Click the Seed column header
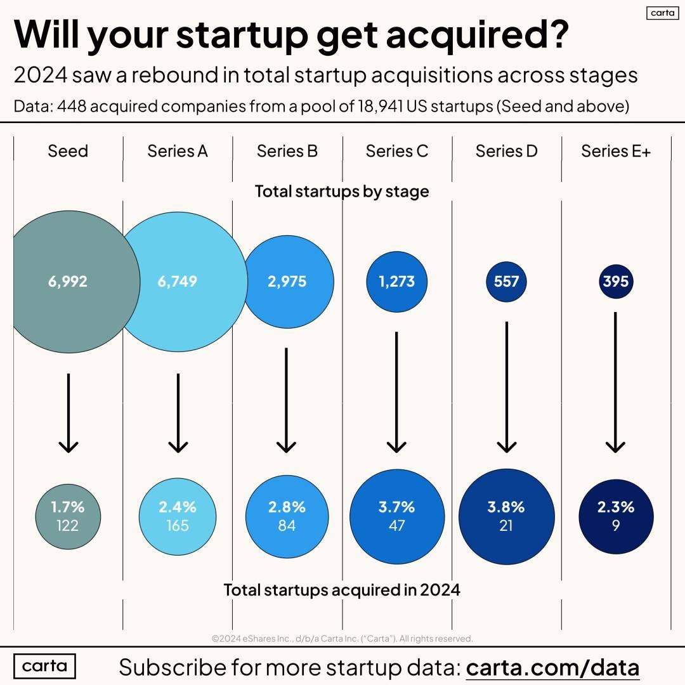pos(68,151)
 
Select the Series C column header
pos(396,151)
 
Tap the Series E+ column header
pos(616,151)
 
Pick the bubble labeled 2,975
pos(287,281)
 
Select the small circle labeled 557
pos(506,281)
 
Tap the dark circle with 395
pos(615,281)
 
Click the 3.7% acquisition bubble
pos(396,515)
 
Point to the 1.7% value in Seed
pos(68,507)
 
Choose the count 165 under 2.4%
pos(178,525)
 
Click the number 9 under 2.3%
pos(616,525)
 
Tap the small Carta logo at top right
pos(662,13)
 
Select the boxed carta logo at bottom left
pos(44,666)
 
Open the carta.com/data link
pos(552,667)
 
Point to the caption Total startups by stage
pos(342,191)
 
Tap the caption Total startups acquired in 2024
pos(342,590)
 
